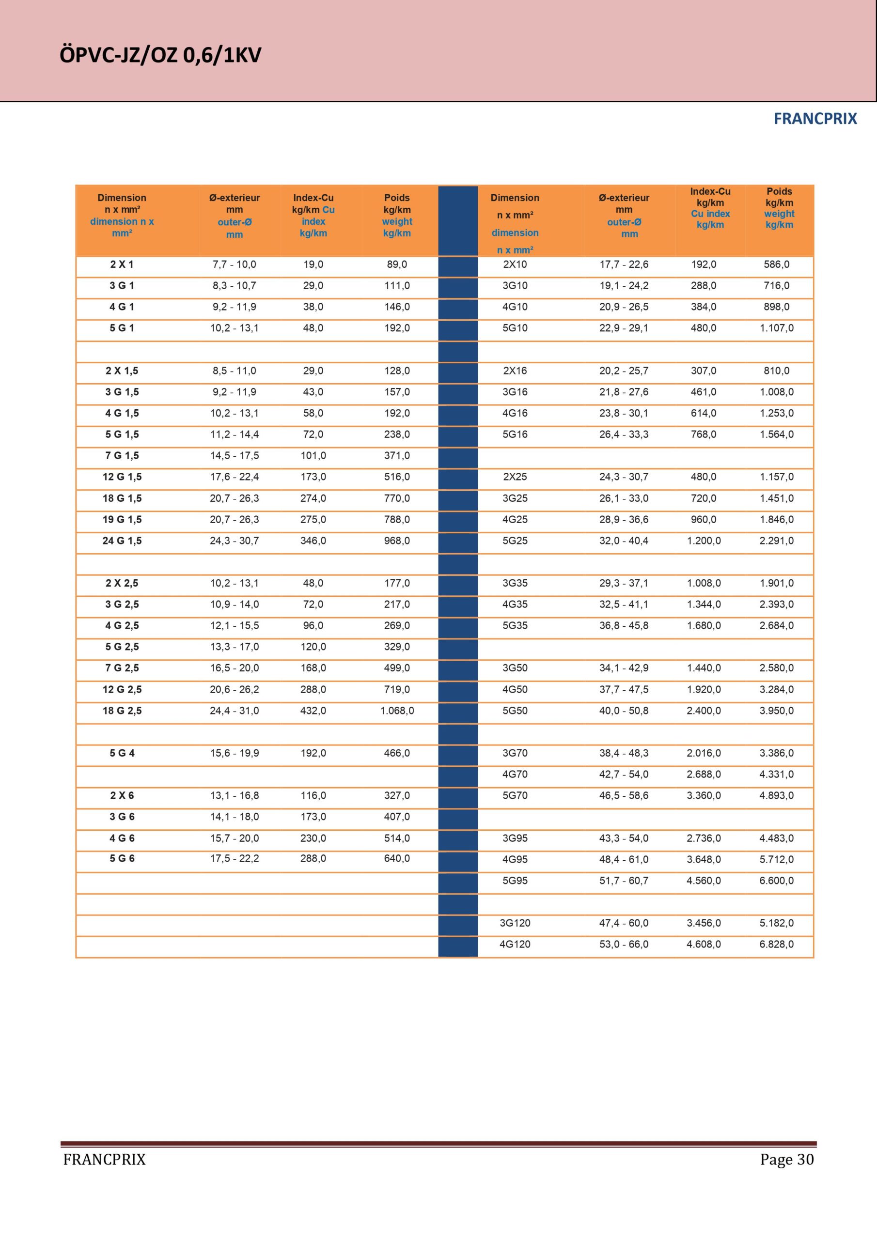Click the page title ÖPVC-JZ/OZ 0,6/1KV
160,55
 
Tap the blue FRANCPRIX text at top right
815,119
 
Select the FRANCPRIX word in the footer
104,1160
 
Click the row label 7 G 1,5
122,456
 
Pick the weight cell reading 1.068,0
397,711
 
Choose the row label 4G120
515,944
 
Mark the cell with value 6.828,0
777,944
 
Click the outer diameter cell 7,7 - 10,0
234,264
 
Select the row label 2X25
515,477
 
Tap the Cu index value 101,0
313,456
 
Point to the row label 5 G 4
122,753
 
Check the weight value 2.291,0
777,541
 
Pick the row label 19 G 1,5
122,520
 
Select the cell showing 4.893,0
777,795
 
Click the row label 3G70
515,753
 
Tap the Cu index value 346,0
313,541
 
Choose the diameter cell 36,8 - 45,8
624,625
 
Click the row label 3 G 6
122,817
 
